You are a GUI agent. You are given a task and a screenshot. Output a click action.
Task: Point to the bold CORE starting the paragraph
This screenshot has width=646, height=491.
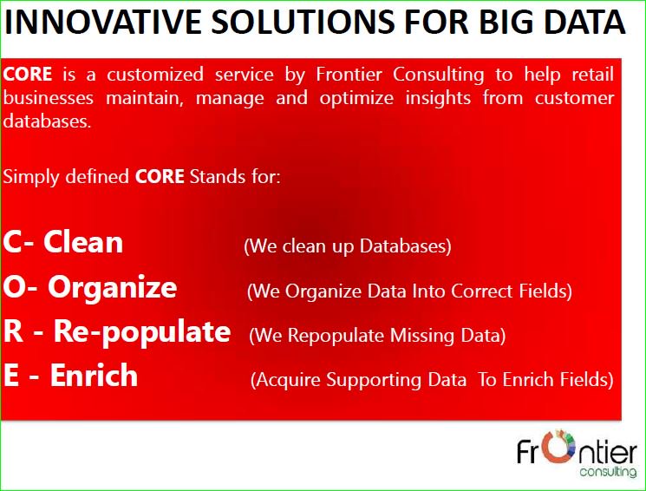[x=28, y=75]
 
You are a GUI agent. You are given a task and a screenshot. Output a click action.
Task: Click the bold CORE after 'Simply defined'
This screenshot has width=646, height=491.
[x=160, y=177]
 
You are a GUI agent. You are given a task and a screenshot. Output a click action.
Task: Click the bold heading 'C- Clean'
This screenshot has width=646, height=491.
[x=63, y=242]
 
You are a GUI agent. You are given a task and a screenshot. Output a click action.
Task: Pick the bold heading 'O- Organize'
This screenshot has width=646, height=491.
[x=90, y=287]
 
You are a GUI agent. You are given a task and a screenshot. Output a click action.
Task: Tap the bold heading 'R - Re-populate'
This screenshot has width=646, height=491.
[x=117, y=331]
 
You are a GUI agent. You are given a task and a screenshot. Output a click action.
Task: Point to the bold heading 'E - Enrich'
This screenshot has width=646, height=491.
[x=70, y=376]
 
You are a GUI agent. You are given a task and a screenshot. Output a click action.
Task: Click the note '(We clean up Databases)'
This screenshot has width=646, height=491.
[x=348, y=246]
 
